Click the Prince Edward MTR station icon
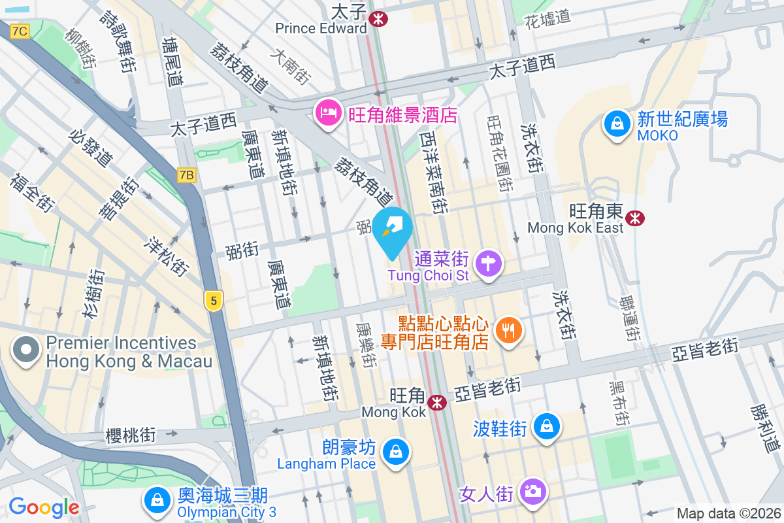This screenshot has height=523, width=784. pos(378,19)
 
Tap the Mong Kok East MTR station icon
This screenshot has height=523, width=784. pos(634,218)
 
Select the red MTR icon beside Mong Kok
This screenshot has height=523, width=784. pos(438,402)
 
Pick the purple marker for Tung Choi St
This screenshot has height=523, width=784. pos(489,265)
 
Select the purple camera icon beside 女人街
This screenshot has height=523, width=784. pos(532,490)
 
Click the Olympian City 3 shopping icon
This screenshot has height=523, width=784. pos(157,501)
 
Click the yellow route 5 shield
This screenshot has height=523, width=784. pos(213,301)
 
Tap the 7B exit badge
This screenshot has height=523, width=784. pos(186,175)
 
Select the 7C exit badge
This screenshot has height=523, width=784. pos(20,31)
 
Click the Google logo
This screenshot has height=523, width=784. pos(44,507)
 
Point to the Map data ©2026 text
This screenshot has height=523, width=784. pos(728,513)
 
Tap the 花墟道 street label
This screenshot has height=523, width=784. pos(547,20)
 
